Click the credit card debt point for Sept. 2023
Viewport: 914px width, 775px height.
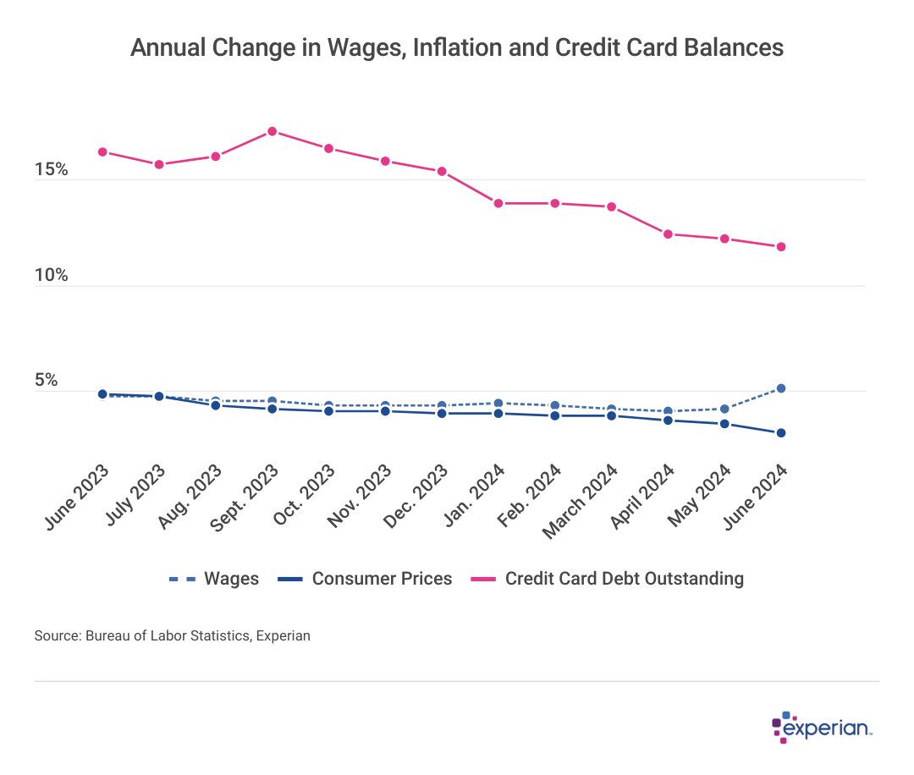pyautogui.click(x=272, y=131)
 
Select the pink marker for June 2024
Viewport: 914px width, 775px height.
pyautogui.click(x=781, y=246)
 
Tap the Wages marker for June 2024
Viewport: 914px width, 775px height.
pyautogui.click(x=781, y=388)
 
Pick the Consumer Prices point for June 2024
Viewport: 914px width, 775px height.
pyautogui.click(x=781, y=433)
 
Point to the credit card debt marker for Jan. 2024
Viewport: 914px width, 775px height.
pyautogui.click(x=498, y=203)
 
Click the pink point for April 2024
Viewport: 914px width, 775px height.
pyautogui.click(x=668, y=234)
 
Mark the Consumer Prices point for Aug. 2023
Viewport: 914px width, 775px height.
pyautogui.click(x=215, y=405)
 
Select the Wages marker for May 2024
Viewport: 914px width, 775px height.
pyautogui.click(x=724, y=409)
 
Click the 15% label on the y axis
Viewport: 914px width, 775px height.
pyautogui.click(x=51, y=170)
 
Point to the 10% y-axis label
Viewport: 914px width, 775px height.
pyautogui.click(x=51, y=276)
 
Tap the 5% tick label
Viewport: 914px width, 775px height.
pyautogui.click(x=46, y=381)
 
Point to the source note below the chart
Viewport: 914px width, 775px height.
pyautogui.click(x=172, y=635)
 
